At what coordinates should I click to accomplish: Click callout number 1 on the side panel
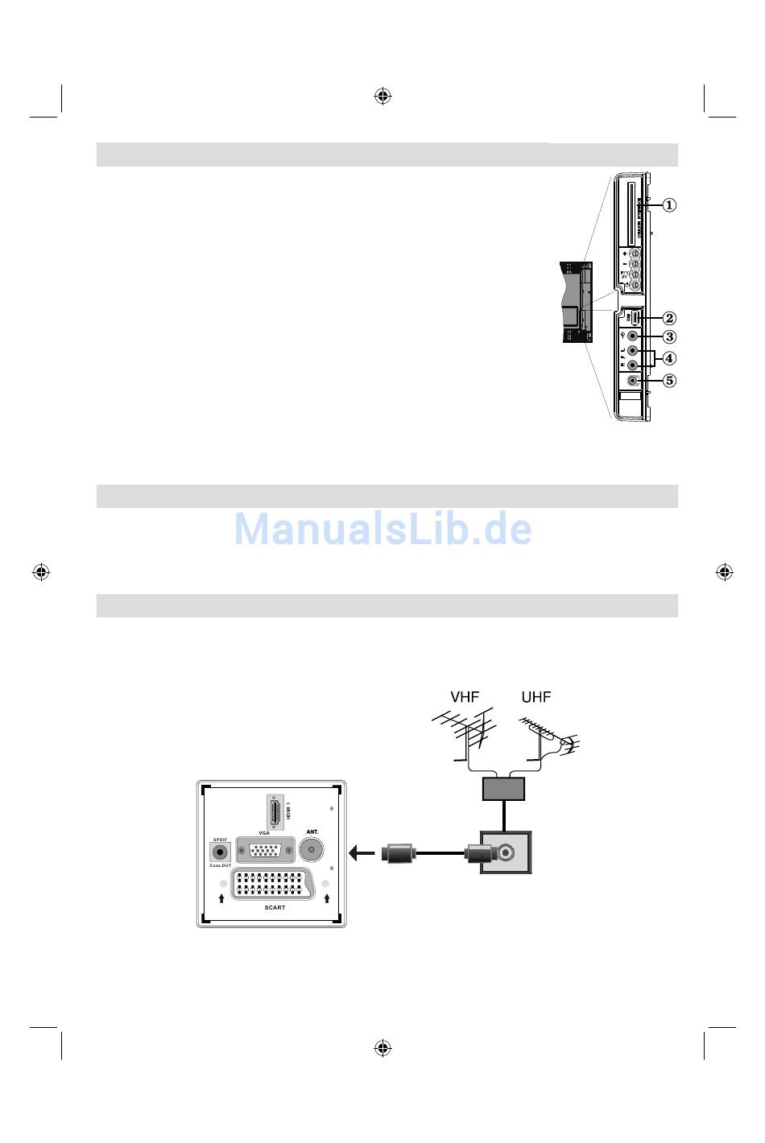669,204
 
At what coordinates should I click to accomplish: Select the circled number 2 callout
669,318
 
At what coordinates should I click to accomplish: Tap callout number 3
669,336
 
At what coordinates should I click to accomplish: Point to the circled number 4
669,358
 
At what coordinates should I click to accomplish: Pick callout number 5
669,380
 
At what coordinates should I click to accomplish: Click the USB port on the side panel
635,318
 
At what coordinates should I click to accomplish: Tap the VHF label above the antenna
464,697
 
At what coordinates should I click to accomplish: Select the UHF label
535,697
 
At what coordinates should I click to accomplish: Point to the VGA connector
264,852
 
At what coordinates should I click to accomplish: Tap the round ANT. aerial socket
312,849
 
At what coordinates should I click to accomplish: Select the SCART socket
274,885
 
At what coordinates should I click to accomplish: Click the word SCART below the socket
275,908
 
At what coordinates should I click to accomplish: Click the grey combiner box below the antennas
503,789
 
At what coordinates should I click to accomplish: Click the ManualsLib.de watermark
382,529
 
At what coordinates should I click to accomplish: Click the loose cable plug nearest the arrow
399,853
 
